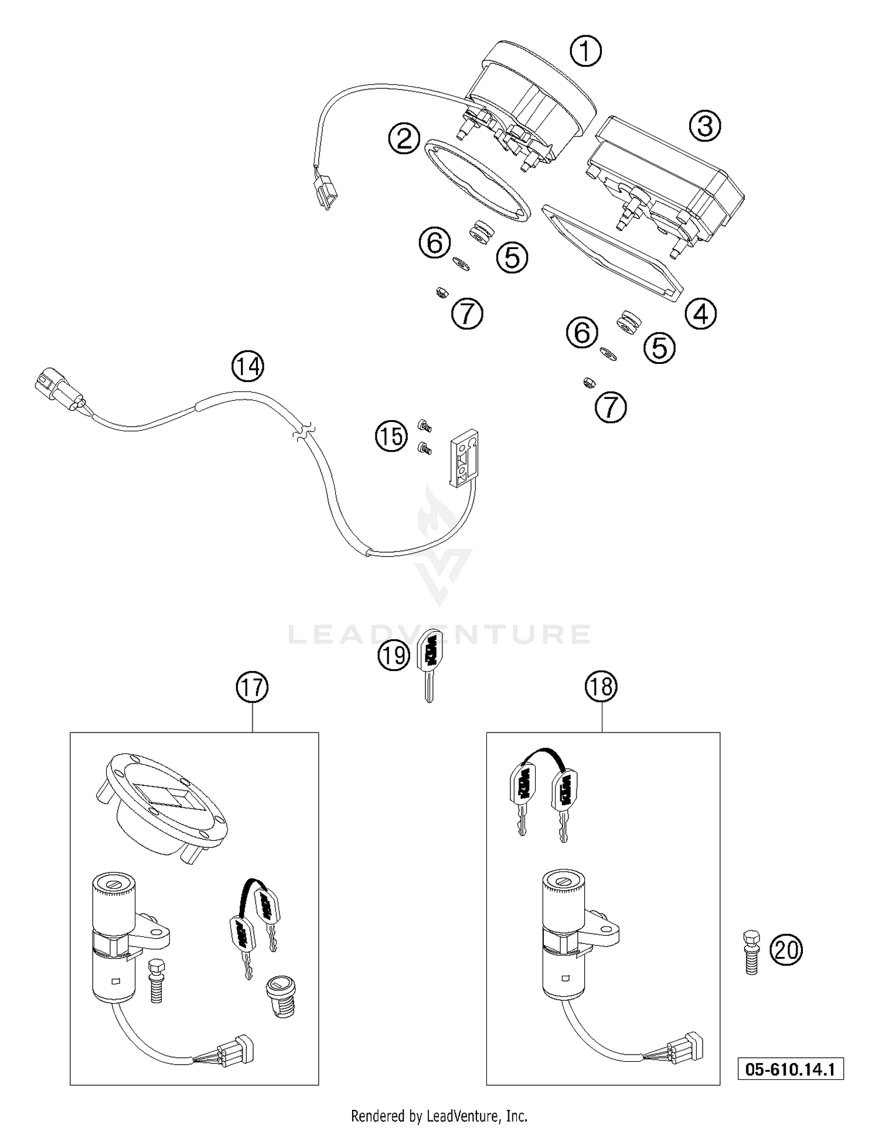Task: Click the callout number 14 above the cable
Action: click(248, 367)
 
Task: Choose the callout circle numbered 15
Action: click(391, 437)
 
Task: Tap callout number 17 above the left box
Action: click(253, 687)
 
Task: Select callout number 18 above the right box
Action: click(601, 686)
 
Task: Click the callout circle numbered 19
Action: click(393, 655)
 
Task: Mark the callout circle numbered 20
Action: click(786, 950)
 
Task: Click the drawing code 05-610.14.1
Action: click(790, 1069)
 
